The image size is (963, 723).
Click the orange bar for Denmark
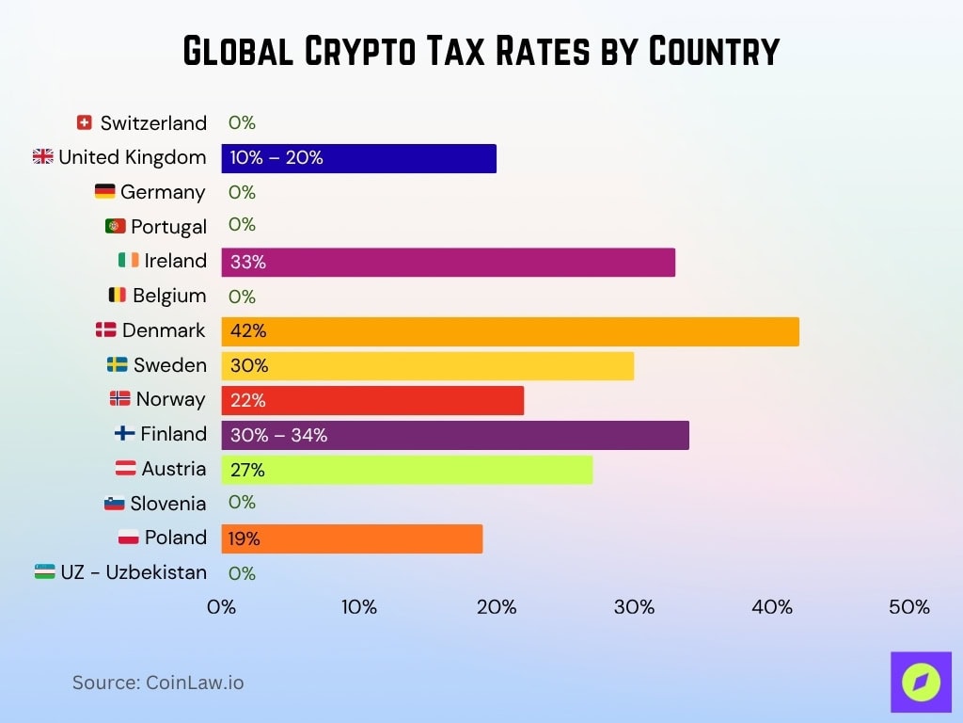(x=510, y=331)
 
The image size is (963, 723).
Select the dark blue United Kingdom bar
(x=358, y=158)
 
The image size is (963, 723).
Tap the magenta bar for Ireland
(x=448, y=263)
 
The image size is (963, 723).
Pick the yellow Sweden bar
(x=427, y=366)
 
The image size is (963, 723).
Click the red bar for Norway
(x=372, y=400)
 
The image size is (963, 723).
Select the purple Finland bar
(x=455, y=435)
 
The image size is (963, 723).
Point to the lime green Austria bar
(x=406, y=470)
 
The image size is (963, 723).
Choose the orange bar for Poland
(x=352, y=538)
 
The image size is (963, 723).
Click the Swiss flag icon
(x=85, y=122)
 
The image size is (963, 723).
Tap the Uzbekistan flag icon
(x=44, y=571)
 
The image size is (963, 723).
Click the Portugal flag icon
(x=116, y=226)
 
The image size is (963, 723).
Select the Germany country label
(x=163, y=192)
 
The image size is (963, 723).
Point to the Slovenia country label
(x=168, y=504)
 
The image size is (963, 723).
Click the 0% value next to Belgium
(x=242, y=297)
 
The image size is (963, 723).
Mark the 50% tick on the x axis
(x=909, y=607)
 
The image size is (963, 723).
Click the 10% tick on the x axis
(x=358, y=607)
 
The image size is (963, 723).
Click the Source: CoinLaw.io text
(x=158, y=683)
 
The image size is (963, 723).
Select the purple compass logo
(x=921, y=682)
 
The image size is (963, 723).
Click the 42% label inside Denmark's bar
(x=248, y=331)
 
